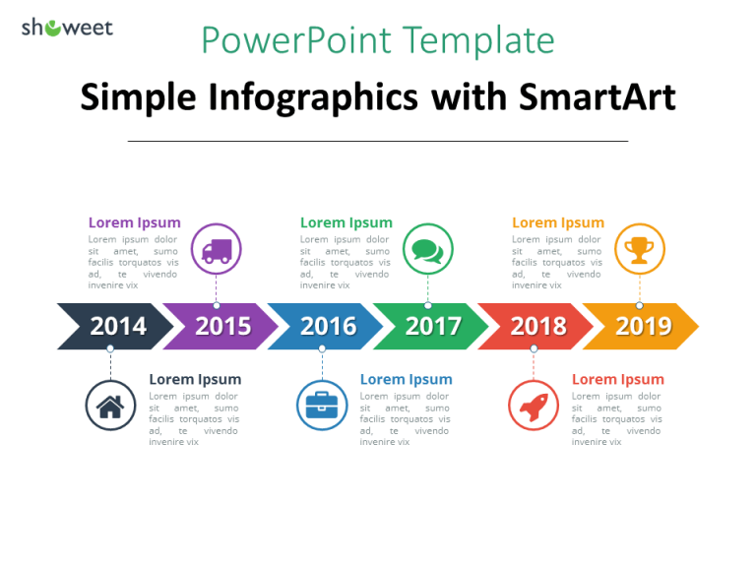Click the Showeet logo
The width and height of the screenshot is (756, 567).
[67, 28]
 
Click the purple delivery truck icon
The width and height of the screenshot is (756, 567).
[216, 249]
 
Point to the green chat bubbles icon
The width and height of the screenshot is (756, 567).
[427, 249]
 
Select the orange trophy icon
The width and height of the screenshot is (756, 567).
[639, 249]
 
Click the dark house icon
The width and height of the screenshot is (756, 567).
[110, 405]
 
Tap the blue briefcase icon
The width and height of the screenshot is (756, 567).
[322, 405]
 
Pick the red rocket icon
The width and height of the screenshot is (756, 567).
[534, 405]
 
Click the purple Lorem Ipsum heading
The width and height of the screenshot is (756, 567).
[135, 222]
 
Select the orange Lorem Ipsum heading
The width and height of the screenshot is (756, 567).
[558, 222]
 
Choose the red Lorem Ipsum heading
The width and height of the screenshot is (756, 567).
[617, 379]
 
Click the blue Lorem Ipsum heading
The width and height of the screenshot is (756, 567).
[406, 379]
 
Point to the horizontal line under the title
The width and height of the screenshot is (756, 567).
[378, 141]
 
